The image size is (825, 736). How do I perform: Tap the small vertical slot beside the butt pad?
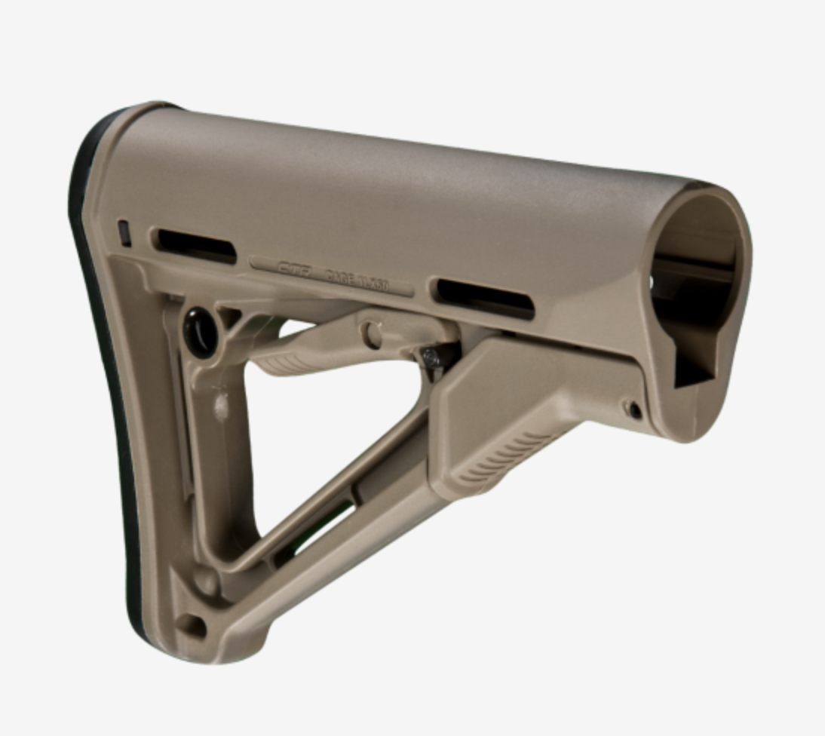124,233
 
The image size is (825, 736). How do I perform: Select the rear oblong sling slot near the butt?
195,246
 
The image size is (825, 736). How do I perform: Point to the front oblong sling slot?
485,298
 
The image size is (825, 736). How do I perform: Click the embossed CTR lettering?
295,268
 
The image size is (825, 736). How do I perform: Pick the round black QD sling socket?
200,331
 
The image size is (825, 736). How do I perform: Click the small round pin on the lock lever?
371,333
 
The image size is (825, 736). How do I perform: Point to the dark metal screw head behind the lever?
432,359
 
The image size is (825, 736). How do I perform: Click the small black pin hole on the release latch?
635,410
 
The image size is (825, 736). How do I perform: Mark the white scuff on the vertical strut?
219,408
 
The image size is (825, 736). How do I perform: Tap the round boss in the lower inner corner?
205,580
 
